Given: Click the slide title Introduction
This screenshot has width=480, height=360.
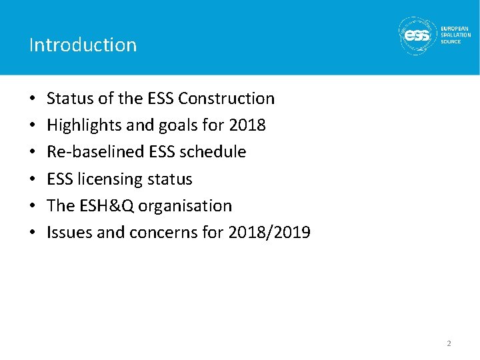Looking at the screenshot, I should pos(83,45).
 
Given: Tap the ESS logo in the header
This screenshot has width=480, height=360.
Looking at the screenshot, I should pos(417,35).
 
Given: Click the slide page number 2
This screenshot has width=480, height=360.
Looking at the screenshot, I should pos(449,343).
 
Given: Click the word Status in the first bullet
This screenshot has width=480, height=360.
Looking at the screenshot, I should pos(69,99).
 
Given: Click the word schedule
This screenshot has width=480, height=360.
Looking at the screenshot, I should pos(214,152).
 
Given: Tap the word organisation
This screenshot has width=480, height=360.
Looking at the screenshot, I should pos(187,206).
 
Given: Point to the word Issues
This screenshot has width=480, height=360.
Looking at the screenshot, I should pos(66,233).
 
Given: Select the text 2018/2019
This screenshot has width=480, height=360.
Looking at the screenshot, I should pos(269,233).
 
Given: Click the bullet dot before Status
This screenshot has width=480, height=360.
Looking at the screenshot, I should pos(33,99).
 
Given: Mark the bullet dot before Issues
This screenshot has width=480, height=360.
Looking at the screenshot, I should pos(33,233).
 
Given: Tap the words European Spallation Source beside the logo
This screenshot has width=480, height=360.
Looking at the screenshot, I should pos(455,35).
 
